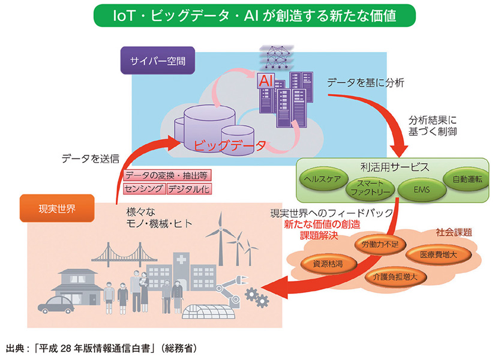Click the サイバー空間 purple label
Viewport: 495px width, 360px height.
155,61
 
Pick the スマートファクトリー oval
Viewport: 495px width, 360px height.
371,188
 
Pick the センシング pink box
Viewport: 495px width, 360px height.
143,188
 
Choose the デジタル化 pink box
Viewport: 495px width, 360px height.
188,188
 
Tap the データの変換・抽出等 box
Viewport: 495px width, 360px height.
166,175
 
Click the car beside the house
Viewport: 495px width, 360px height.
55,304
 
